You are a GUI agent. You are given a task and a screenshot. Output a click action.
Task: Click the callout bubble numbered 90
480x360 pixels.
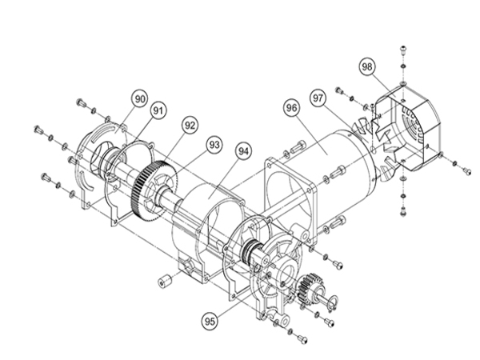click(139, 99)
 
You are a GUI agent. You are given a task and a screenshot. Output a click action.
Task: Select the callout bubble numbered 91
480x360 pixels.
click(158, 110)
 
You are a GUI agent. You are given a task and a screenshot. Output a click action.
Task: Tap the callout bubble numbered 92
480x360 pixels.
click(190, 126)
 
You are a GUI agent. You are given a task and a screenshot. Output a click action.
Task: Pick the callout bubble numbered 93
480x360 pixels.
click(214, 144)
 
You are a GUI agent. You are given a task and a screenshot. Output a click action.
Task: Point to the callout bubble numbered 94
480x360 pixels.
click(244, 151)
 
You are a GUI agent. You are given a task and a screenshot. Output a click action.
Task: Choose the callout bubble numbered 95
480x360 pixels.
click(210, 322)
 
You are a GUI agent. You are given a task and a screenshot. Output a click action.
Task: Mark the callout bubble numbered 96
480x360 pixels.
click(291, 108)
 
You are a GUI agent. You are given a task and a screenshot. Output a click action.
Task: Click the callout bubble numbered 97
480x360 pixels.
click(318, 98)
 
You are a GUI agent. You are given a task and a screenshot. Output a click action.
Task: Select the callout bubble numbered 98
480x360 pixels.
click(367, 66)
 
